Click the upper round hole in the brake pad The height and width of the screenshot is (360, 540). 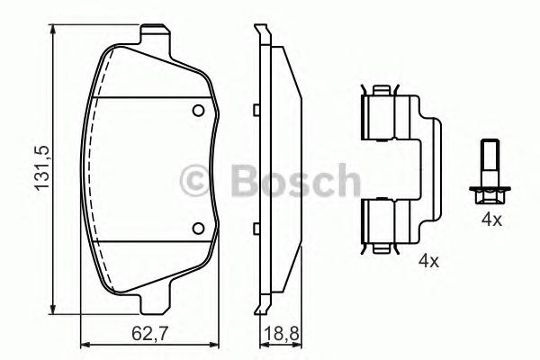(199, 111)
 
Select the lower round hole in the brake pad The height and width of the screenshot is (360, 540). (199, 228)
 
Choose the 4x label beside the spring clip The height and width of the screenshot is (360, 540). (427, 262)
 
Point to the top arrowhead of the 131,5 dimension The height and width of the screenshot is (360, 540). (56, 30)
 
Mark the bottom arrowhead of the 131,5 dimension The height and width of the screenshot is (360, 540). (56, 310)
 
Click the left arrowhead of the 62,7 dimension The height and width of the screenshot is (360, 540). (84, 346)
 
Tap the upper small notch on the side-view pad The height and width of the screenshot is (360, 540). (256, 112)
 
